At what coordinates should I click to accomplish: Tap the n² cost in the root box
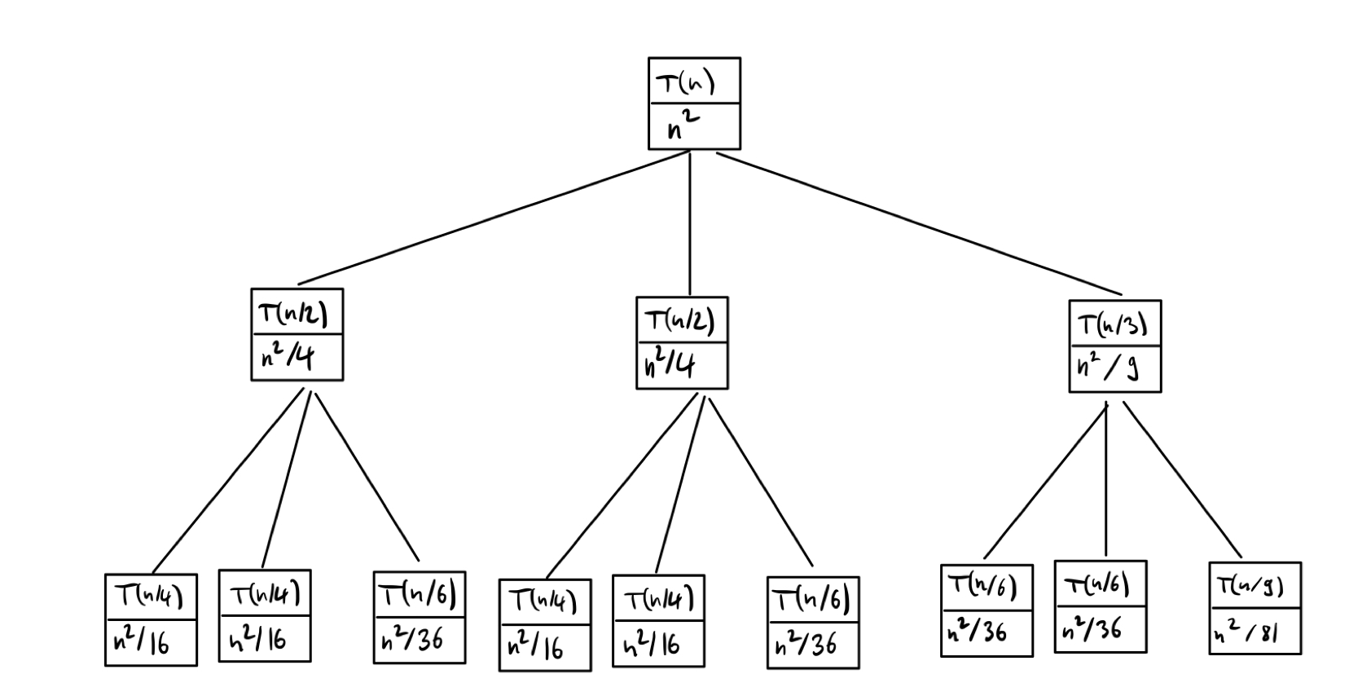pyautogui.click(x=683, y=126)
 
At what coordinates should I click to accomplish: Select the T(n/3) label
pyautogui.click(x=1113, y=324)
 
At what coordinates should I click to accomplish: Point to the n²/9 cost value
pyautogui.click(x=1107, y=368)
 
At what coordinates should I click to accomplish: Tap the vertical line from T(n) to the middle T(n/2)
pyautogui.click(x=690, y=224)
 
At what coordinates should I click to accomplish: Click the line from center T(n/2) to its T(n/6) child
pyautogui.click(x=761, y=482)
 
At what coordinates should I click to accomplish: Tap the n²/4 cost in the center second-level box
pyautogui.click(x=670, y=365)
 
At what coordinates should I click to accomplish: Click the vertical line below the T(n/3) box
pyautogui.click(x=1105, y=481)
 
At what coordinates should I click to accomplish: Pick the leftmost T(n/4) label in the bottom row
pyautogui.click(x=149, y=597)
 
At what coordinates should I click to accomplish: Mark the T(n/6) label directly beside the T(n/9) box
pyautogui.click(x=1097, y=584)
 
